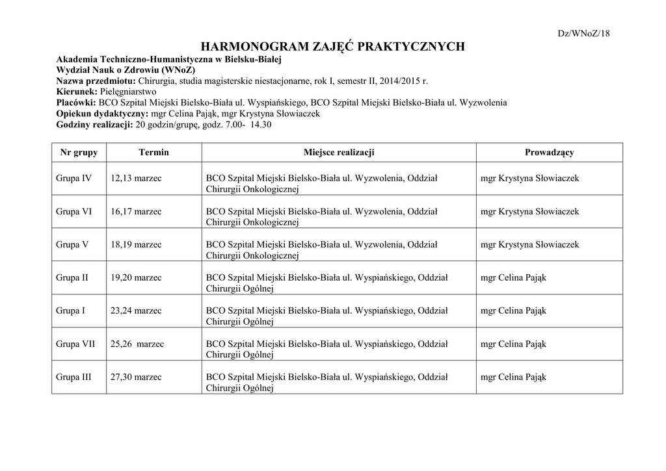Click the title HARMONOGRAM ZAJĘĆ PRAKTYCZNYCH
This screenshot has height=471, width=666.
pos(333,46)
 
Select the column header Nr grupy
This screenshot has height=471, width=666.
pos(79,152)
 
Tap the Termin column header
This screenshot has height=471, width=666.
pos(153,152)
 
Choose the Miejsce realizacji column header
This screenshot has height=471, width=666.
pos(338,152)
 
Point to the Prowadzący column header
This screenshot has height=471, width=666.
pos(549,152)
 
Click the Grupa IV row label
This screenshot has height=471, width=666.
pos(74,178)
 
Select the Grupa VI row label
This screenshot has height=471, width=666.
pos(74,211)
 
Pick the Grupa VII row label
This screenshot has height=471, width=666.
pos(75,344)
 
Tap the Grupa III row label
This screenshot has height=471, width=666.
pos(73,377)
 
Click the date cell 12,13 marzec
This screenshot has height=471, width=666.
pos(137,178)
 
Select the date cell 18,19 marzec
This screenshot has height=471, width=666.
pos(137,244)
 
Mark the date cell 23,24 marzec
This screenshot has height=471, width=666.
pos(137,311)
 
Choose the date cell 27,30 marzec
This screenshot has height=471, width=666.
pos(137,377)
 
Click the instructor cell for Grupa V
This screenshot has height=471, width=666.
pos(529,244)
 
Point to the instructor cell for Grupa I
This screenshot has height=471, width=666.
pos(513,311)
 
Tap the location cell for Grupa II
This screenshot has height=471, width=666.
pos(327,283)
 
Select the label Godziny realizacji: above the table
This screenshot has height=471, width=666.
pos(94,123)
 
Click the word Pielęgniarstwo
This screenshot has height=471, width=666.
pos(129,92)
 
